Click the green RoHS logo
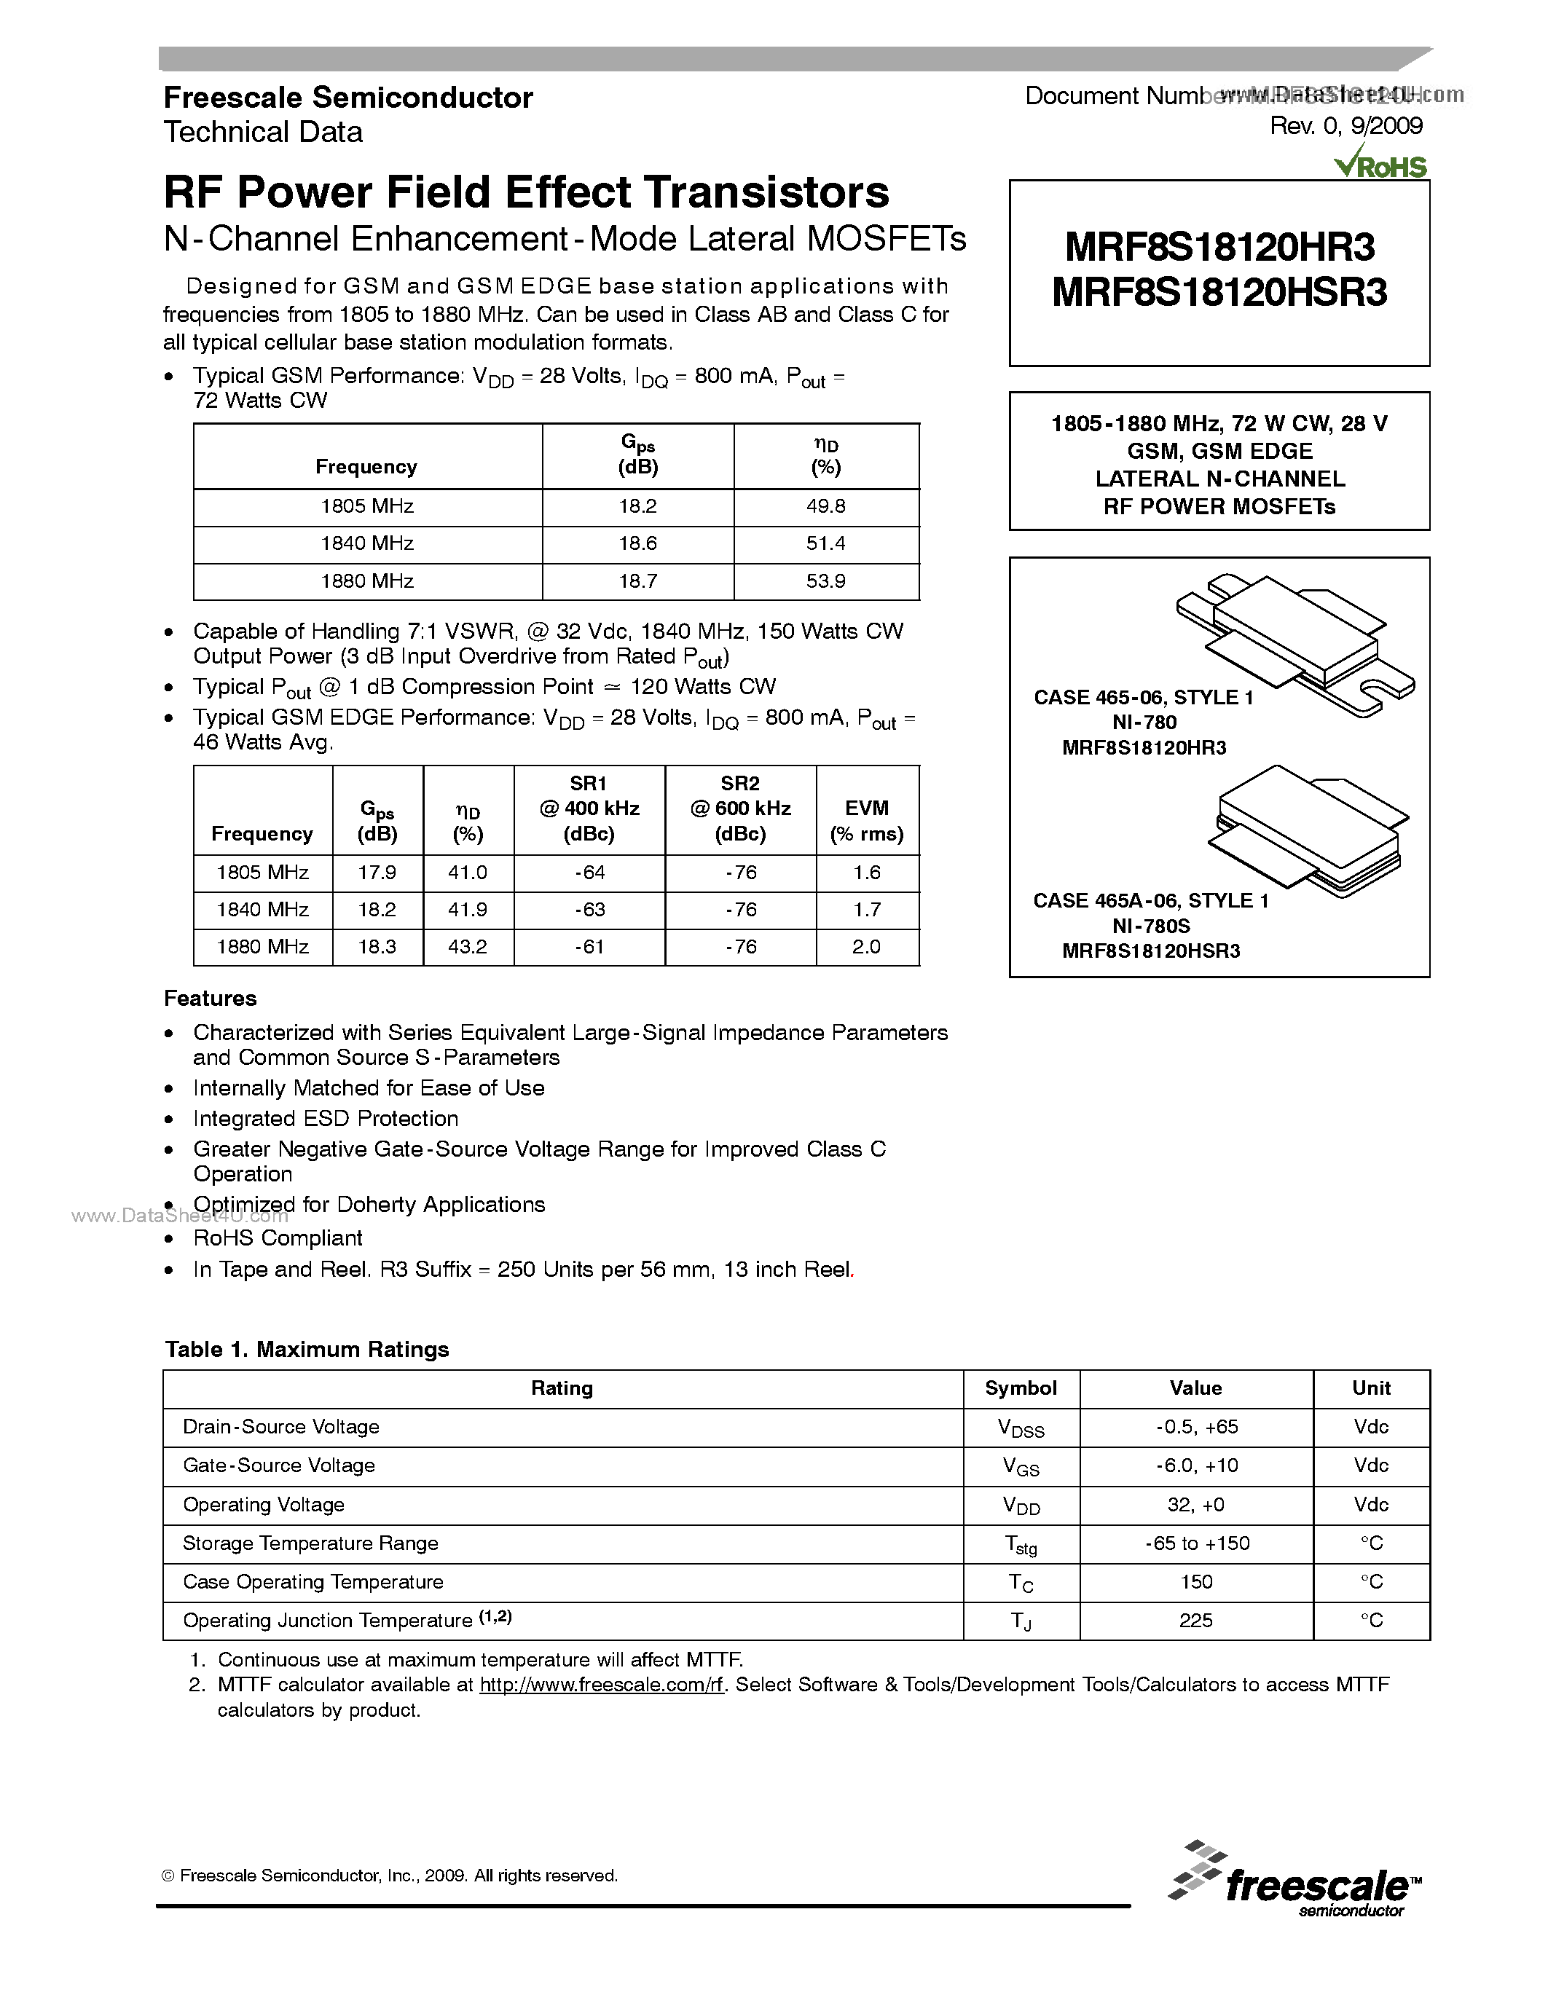tap(1381, 166)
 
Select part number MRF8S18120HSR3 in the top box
tap(1219, 294)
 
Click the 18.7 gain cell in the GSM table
tap(637, 581)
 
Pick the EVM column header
tap(867, 820)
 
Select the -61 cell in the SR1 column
tap(589, 946)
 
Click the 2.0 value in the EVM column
tap(867, 946)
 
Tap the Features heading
tap(210, 998)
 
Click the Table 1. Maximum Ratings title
tap(307, 1349)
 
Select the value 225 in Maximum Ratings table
tap(1196, 1621)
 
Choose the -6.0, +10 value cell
tap(1196, 1465)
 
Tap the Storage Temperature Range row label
tap(311, 1543)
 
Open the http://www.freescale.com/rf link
tap(602, 1685)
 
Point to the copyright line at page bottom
tap(390, 1876)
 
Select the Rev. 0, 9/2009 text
tap(1345, 127)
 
